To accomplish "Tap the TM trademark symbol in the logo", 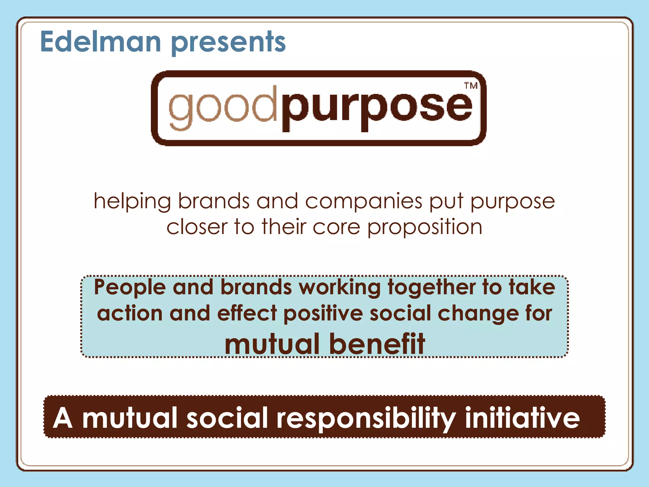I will click(471, 86).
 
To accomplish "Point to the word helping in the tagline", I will click(132, 202).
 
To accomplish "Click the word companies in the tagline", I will click(364, 202).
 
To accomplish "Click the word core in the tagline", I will click(336, 227).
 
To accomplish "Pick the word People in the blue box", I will click(130, 288).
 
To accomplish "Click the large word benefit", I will click(377, 344).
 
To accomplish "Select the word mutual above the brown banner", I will click(272, 344).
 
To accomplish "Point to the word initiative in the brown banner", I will click(522, 418).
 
